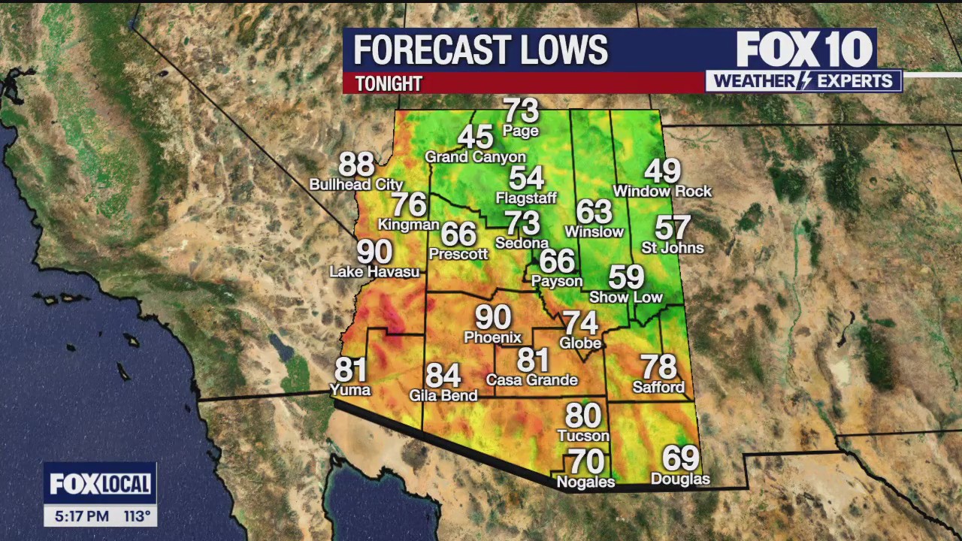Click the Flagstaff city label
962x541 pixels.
click(526, 198)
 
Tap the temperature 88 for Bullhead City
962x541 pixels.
click(356, 165)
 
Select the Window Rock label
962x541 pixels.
click(662, 192)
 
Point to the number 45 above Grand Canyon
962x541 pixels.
click(475, 138)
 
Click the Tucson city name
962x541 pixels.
click(583, 436)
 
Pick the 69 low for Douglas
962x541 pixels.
click(680, 458)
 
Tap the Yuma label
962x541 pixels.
click(350, 390)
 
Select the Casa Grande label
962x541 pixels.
click(532, 380)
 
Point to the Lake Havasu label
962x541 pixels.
click(374, 272)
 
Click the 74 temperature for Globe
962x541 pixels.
click(581, 323)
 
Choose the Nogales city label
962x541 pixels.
click(585, 482)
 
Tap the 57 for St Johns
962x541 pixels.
click(672, 227)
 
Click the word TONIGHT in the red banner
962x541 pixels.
click(389, 83)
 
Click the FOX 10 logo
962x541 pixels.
click(803, 50)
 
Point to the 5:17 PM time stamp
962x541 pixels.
click(82, 516)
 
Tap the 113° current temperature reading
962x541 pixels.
click(138, 516)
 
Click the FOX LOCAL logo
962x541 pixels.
click(100, 484)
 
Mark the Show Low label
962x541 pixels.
click(626, 298)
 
